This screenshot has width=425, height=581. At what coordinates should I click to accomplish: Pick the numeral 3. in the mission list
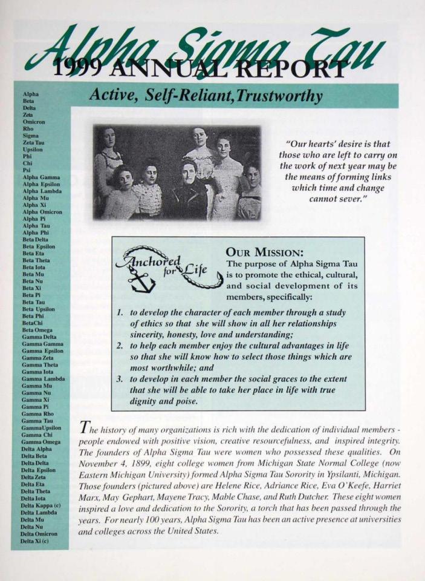pyautogui.click(x=120, y=379)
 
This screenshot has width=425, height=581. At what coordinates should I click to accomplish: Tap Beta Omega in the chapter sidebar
pyautogui.click(x=37, y=330)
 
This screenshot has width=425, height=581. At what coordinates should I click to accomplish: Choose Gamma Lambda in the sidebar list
pyautogui.click(x=43, y=378)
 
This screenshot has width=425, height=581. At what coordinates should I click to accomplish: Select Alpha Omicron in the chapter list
pyautogui.click(x=42, y=212)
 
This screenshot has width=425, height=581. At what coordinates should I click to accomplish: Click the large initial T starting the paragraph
pyautogui.click(x=85, y=428)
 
